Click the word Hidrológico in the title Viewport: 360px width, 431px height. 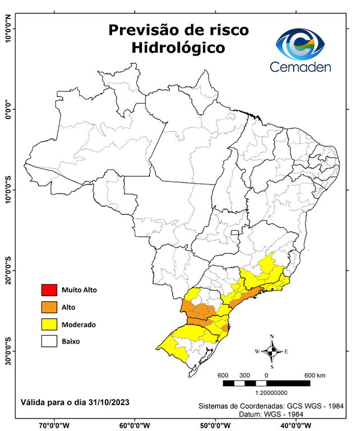tap(178, 48)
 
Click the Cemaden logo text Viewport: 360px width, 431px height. tap(301, 67)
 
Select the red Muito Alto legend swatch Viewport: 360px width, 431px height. tap(48, 290)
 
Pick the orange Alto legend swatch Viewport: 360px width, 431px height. tap(48, 307)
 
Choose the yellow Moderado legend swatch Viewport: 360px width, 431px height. tap(48, 324)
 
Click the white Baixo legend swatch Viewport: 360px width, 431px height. tap(48, 341)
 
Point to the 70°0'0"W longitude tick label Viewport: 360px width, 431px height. tap(54, 425)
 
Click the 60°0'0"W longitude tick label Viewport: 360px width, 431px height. tap(135, 425)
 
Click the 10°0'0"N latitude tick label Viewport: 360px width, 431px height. tap(7, 28)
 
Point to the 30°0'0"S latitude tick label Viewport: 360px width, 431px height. tap(7, 351)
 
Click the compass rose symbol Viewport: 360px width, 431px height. tap(272, 351)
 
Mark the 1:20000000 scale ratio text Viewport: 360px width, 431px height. tap(266, 393)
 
